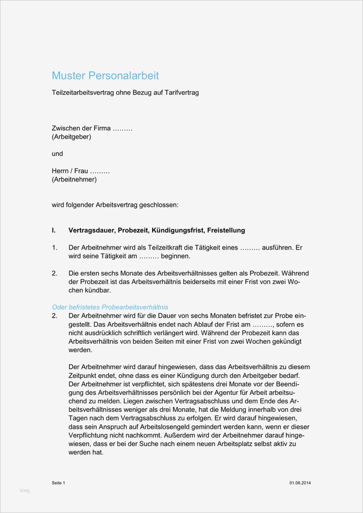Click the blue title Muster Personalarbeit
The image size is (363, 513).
point(105,76)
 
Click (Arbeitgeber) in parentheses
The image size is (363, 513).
point(72,136)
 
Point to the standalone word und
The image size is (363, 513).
point(58,153)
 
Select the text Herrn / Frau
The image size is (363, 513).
point(70,171)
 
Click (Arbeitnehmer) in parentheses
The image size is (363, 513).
point(74,179)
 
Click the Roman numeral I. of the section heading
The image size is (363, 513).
point(54,230)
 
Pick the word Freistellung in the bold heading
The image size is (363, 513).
point(225,230)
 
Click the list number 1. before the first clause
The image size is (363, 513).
point(55,247)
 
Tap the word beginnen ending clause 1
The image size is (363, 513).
point(175,256)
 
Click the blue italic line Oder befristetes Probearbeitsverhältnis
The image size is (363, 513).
point(110,307)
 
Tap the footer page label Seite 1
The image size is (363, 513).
point(59,482)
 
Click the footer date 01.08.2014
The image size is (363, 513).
point(299,482)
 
